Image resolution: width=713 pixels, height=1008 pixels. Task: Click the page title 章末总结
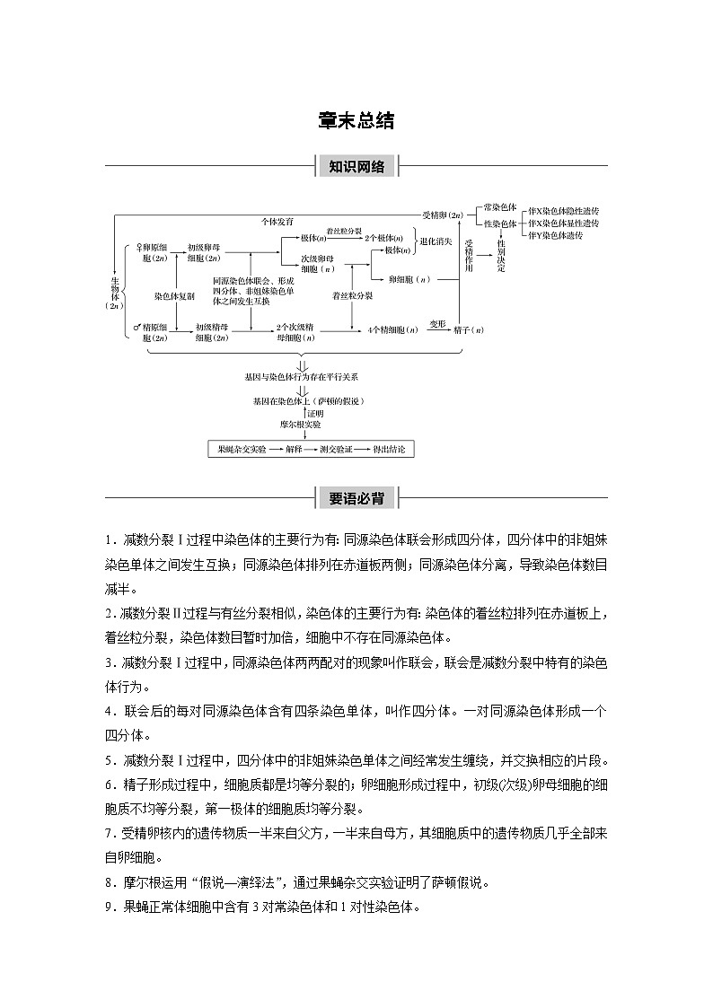[x=356, y=121]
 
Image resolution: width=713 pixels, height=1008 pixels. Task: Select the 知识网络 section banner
[x=356, y=166]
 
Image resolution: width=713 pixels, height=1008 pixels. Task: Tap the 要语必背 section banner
[x=356, y=497]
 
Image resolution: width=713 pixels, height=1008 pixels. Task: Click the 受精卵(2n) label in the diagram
[x=443, y=215]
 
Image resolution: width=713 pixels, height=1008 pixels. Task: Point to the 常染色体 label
[x=500, y=207]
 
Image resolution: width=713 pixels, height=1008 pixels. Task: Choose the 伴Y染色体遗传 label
[x=556, y=235]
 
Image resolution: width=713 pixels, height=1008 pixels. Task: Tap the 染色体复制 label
[x=173, y=294]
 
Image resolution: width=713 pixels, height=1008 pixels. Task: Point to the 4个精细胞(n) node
[x=393, y=330]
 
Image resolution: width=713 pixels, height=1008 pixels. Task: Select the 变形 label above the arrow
[x=436, y=321]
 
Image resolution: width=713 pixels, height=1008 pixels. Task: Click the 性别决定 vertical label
[x=501, y=255]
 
